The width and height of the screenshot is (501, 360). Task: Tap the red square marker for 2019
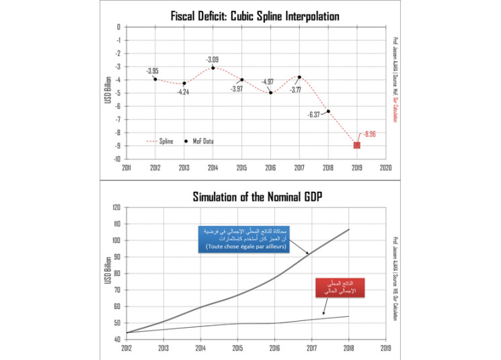click(x=357, y=145)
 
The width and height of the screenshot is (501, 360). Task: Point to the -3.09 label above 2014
click(x=213, y=59)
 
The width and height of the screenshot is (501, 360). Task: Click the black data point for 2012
click(x=155, y=79)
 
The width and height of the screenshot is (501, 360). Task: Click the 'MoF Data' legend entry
click(x=206, y=141)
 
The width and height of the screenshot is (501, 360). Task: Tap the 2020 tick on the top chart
click(x=386, y=168)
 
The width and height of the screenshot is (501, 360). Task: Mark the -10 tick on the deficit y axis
click(x=116, y=159)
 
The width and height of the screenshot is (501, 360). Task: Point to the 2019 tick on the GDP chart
click(x=386, y=349)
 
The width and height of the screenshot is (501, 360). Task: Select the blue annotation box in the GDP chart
click(x=233, y=240)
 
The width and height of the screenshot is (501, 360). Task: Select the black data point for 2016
click(x=270, y=92)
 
